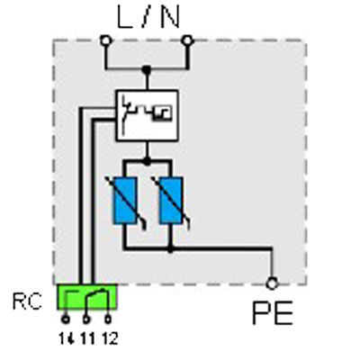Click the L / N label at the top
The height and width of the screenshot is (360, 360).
pyautogui.click(x=148, y=17)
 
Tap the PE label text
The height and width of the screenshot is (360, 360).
pyautogui.click(x=273, y=313)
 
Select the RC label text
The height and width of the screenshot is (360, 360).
pyautogui.click(x=27, y=301)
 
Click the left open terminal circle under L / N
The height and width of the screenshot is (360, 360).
pyautogui.click(x=106, y=40)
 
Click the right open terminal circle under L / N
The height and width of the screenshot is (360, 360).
pyautogui.click(x=187, y=40)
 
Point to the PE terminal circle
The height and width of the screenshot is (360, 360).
pyautogui.click(x=272, y=283)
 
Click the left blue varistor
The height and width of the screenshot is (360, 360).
pyautogui.click(x=125, y=201)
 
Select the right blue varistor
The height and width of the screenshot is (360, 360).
pyautogui.click(x=171, y=201)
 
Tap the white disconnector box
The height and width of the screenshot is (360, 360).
pyautogui.click(x=147, y=115)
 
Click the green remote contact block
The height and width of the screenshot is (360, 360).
pyautogui.click(x=87, y=297)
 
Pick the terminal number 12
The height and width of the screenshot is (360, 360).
pyautogui.click(x=110, y=339)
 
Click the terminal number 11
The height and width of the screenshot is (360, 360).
pyautogui.click(x=87, y=339)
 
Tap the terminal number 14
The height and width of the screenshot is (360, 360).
pyautogui.click(x=67, y=339)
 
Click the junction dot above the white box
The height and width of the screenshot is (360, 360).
pyautogui.click(x=147, y=70)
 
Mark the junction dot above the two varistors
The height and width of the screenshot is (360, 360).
pyautogui.click(x=147, y=162)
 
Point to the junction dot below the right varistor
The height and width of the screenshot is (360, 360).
pyautogui.click(x=170, y=248)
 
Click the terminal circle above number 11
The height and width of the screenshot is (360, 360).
pyautogui.click(x=86, y=319)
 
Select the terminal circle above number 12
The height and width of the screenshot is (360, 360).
pyautogui.click(x=108, y=319)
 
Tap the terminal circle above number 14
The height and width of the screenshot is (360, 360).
pyautogui.click(x=66, y=319)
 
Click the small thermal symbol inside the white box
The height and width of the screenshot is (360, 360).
pyautogui.click(x=163, y=113)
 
